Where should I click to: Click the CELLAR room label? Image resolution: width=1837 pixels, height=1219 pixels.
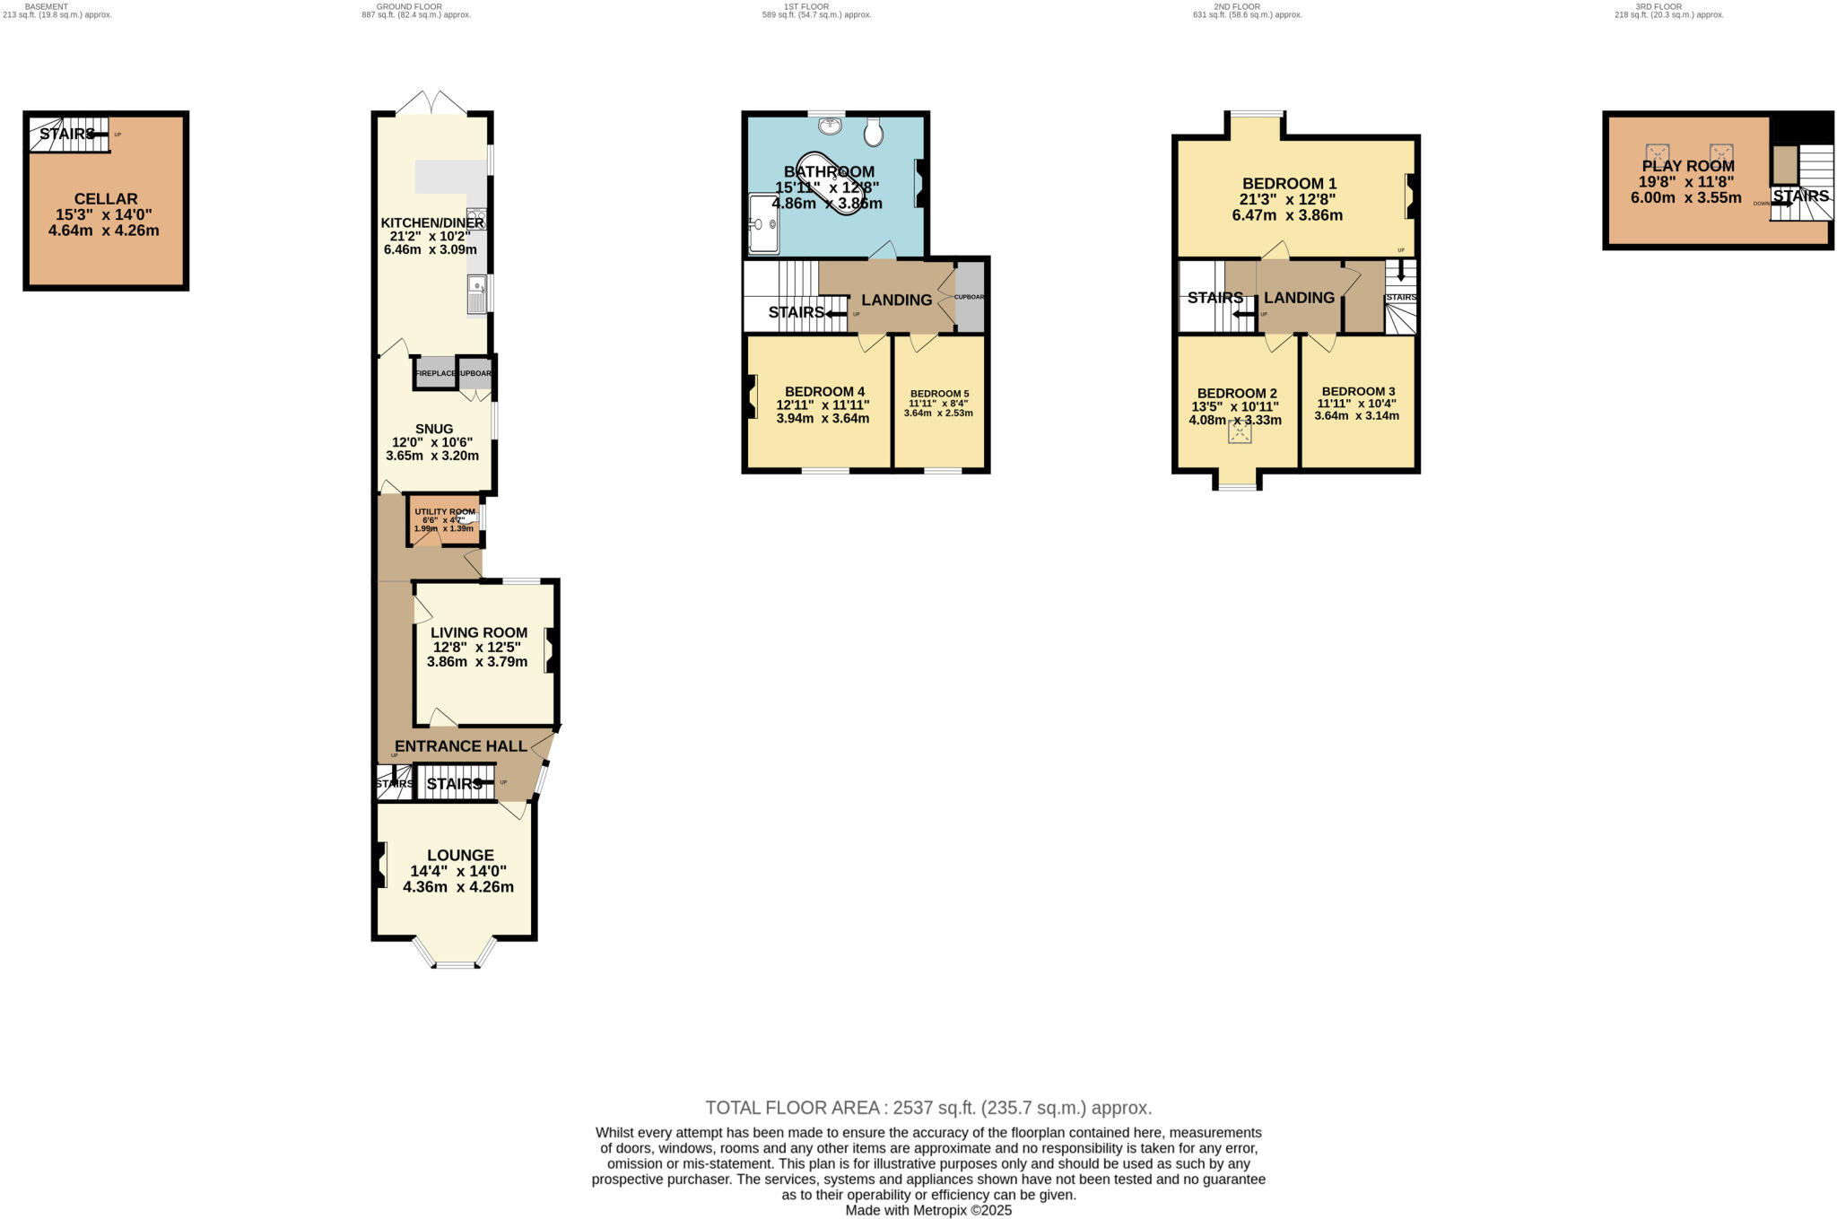tap(106, 199)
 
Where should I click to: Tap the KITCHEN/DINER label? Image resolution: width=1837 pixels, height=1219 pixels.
tap(432, 223)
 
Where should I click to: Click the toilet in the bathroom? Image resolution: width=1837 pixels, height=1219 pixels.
tap(875, 133)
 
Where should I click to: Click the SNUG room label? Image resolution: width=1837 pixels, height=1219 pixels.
tap(434, 429)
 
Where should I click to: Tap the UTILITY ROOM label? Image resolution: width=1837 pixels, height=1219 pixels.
tap(445, 512)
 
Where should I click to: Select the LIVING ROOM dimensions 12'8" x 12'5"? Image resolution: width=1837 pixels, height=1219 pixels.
tap(477, 648)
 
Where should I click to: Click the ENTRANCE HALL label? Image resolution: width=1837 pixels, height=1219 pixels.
tap(461, 746)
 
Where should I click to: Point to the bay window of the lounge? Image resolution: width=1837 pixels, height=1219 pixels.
tap(454, 963)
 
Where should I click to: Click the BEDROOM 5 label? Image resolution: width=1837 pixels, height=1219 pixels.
tap(939, 394)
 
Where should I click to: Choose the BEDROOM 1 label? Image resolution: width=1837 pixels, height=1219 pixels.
tap(1289, 184)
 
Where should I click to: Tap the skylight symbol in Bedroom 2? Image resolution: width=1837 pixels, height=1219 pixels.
tap(1240, 433)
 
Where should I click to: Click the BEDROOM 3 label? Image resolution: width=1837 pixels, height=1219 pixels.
tap(1358, 392)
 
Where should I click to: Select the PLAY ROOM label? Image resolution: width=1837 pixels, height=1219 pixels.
tap(1687, 166)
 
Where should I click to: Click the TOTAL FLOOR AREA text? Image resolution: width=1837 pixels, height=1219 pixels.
tap(927, 1108)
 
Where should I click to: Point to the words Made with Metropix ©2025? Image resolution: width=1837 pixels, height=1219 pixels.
tap(927, 1210)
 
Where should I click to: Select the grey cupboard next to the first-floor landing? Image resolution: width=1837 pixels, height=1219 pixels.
tap(970, 297)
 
